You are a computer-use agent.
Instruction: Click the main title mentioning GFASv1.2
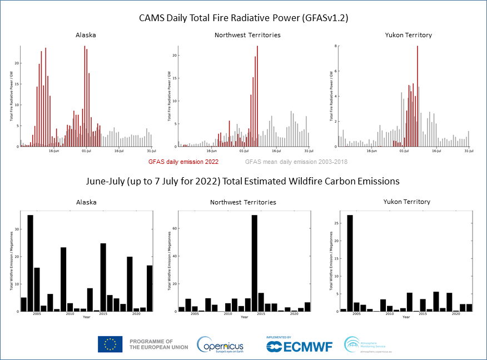tap(243, 18)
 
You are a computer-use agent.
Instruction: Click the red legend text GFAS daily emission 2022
tap(183, 162)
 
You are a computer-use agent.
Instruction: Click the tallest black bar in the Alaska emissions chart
tap(30, 263)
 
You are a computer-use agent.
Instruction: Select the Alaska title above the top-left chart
tap(86, 35)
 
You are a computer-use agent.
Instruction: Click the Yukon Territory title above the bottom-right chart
tap(407, 202)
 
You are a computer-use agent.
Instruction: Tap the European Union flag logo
tap(110, 344)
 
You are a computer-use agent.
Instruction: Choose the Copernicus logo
tap(220, 344)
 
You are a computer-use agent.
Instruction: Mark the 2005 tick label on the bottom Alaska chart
tap(37, 314)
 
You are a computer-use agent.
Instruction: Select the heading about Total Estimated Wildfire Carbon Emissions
tap(243, 181)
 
